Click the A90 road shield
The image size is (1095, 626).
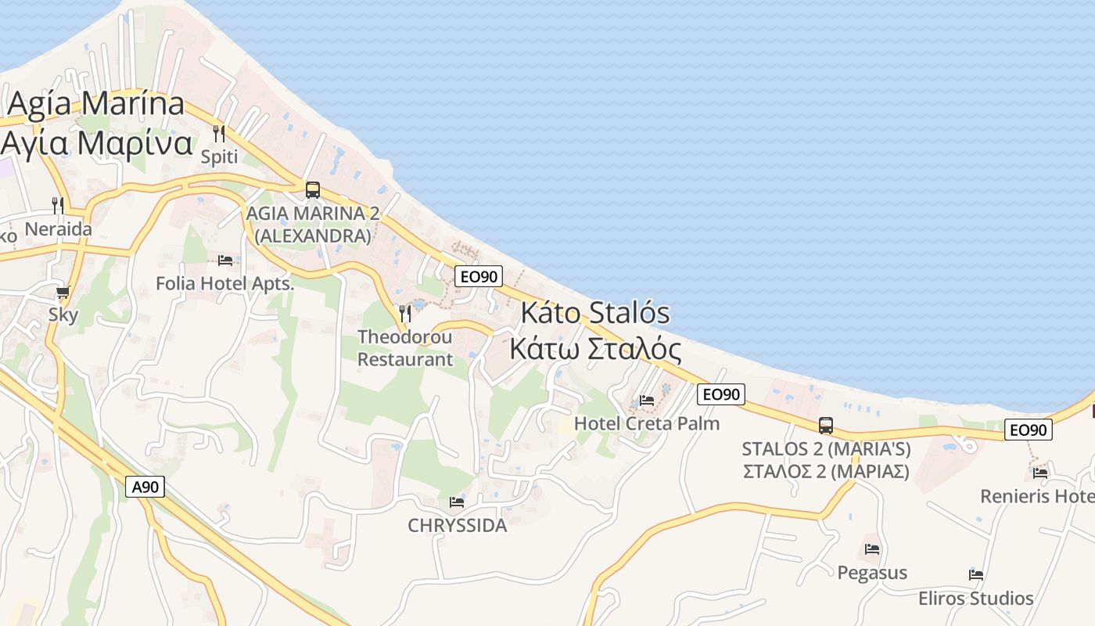click(145, 487)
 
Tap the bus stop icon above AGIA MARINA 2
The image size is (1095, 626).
click(313, 189)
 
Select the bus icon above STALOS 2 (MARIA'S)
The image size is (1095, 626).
click(826, 426)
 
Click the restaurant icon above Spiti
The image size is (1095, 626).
click(219, 134)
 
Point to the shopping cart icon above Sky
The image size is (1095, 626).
click(63, 293)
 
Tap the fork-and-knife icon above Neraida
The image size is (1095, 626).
click(58, 206)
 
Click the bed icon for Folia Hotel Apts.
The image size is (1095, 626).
click(225, 260)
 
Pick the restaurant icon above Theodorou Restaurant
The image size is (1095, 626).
click(405, 314)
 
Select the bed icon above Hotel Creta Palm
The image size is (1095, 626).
click(647, 400)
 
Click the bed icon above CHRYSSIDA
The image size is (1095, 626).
click(458, 502)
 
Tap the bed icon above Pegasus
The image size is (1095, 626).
click(872, 549)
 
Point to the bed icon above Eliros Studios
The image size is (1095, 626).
click(976, 574)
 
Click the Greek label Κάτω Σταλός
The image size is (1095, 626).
click(594, 348)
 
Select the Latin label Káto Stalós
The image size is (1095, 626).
click(595, 313)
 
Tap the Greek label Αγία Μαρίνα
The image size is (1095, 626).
click(97, 143)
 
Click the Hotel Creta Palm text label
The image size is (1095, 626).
click(646, 423)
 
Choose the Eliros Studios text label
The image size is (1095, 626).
click(975, 599)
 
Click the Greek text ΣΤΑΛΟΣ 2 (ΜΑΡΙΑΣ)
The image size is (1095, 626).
click(825, 472)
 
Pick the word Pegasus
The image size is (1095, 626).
click(872, 573)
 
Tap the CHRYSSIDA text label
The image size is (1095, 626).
click(458, 526)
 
